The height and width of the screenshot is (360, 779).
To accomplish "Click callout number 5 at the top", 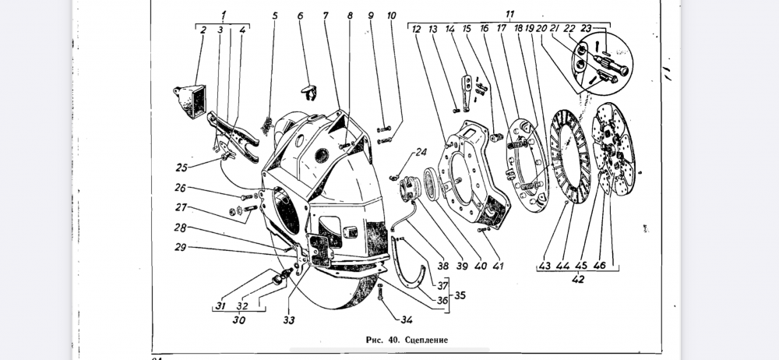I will point(275,15).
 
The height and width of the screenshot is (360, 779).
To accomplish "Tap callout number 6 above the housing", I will point(301,15).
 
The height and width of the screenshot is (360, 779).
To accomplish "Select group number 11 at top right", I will point(509,14).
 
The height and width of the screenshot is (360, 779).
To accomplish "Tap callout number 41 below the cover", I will point(499,266).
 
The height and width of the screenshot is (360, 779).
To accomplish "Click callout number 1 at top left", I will point(223,15).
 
